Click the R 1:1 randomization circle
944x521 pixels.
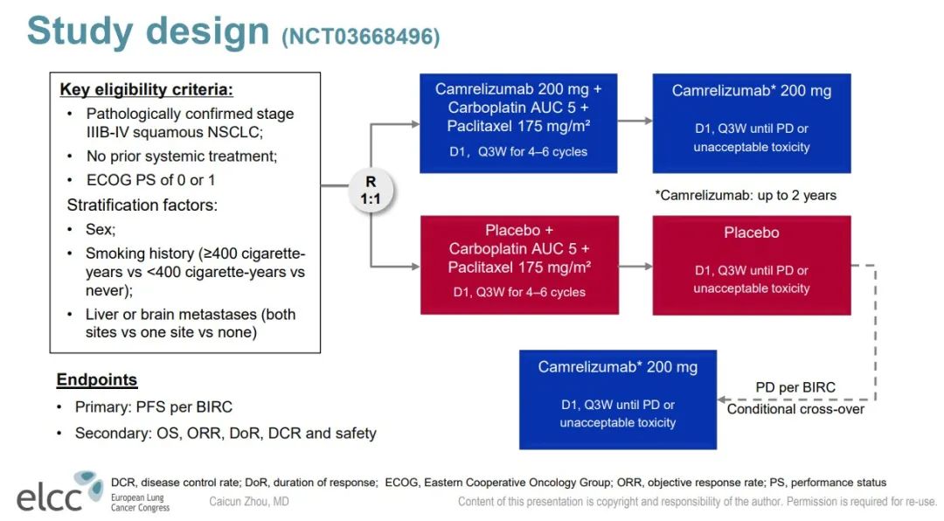point(371,190)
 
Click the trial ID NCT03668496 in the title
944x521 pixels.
point(361,37)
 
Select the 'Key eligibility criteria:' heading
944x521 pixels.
point(146,90)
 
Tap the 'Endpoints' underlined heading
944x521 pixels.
point(97,380)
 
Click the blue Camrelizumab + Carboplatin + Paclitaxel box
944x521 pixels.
point(518,122)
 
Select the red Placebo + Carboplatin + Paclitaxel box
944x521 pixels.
point(519,265)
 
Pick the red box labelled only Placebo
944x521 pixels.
point(751,265)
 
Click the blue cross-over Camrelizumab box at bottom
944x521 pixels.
point(617,399)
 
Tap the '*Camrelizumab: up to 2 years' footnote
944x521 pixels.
point(745,195)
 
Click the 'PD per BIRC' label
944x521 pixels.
point(795,387)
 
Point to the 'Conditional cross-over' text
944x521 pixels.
point(795,409)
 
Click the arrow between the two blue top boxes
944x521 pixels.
point(635,123)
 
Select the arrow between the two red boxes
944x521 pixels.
point(635,266)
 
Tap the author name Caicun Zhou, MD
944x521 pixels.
point(249,502)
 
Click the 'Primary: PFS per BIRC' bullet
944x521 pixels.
point(153,406)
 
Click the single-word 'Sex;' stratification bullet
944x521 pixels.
point(100,230)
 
